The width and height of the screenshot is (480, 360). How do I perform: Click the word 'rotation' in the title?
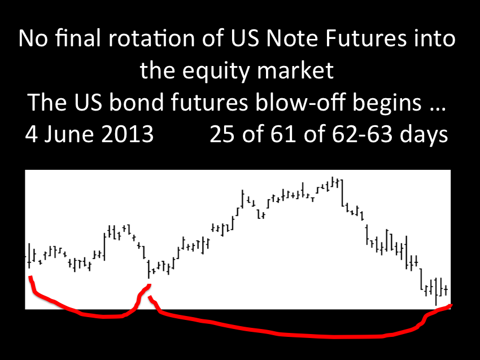tap(152, 38)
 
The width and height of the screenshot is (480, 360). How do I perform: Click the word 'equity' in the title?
tap(216, 71)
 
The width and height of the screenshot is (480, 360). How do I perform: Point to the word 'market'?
tap(295, 71)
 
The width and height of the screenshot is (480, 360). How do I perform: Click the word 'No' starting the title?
tap(33, 38)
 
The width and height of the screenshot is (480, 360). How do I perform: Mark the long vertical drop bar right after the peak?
tap(342, 193)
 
